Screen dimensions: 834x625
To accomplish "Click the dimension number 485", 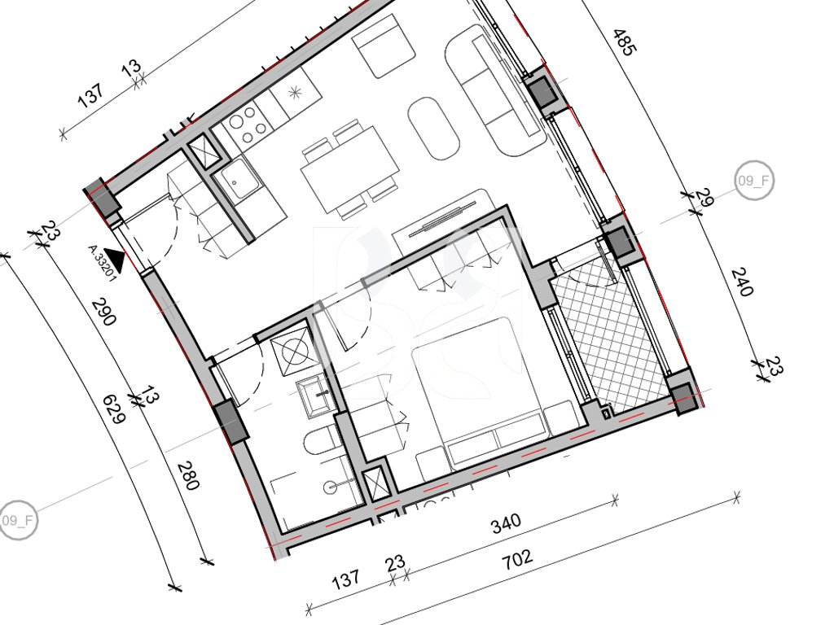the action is pos(625,42).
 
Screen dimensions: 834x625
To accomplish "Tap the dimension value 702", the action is pos(518,559).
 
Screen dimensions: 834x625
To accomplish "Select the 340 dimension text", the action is pos(506,523).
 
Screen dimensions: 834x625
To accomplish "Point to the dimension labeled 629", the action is pos(114,409).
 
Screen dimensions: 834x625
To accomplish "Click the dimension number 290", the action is pos(103,312).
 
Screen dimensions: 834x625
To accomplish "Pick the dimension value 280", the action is pos(188,475).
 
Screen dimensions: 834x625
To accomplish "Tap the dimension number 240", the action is pos(743,282).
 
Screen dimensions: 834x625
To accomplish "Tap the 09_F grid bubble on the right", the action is pos(754,181).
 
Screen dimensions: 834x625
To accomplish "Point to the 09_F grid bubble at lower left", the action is pos(18,520).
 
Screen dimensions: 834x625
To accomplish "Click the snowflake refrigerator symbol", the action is pos(295,93).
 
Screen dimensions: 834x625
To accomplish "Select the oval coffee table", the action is pos(433,128).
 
